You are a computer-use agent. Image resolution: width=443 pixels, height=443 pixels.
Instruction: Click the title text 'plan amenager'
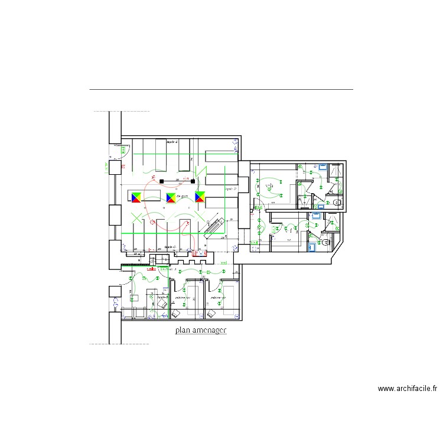201,331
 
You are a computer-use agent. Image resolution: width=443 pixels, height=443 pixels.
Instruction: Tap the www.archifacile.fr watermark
407,389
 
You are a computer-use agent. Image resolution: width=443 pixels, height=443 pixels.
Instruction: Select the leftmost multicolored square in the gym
136,197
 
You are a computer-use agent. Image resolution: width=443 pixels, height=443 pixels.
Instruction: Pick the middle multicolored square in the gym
172,197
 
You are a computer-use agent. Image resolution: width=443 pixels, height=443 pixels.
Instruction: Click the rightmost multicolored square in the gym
200,197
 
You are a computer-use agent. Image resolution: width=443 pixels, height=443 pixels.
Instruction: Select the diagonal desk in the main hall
213,227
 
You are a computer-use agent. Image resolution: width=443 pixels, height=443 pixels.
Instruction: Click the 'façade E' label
172,142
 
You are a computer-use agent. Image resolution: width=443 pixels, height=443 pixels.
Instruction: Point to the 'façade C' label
171,247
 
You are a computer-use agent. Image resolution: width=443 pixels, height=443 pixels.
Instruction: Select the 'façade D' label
230,190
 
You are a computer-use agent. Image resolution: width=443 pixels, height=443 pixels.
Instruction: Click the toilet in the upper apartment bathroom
337,202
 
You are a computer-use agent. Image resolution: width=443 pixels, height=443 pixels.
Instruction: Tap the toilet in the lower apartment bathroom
325,241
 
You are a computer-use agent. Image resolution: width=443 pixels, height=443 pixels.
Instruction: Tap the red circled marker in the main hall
153,223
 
